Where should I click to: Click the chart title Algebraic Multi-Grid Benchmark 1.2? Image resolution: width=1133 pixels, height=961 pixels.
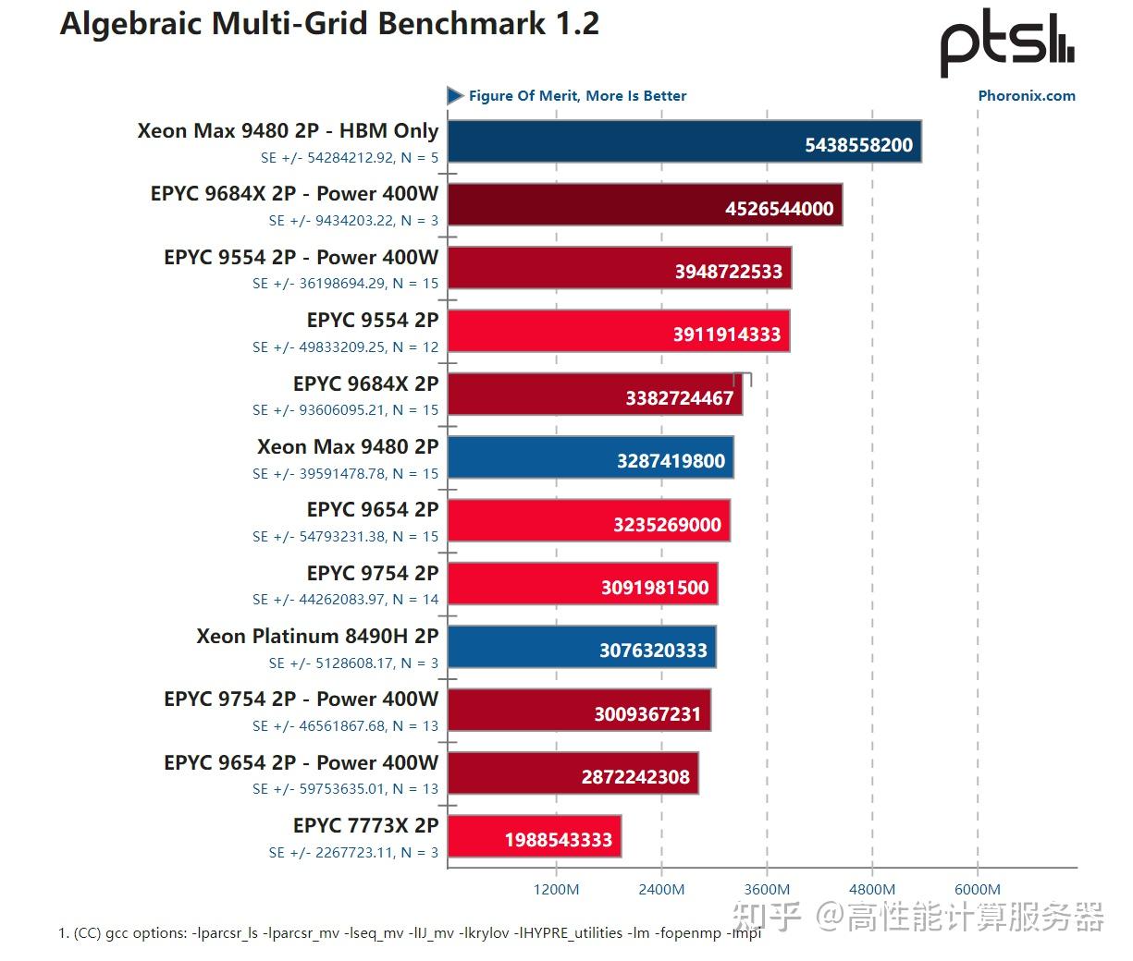click(x=329, y=24)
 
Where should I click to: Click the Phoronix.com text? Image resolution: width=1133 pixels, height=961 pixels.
click(x=1026, y=95)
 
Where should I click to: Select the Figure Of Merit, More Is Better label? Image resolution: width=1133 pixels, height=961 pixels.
click(x=577, y=95)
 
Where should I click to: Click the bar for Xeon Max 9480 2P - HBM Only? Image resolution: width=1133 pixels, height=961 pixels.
click(x=684, y=141)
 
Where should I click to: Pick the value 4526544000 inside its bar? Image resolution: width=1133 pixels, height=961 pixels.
click(x=779, y=209)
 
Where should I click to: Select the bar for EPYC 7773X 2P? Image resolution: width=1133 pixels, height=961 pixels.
click(x=535, y=836)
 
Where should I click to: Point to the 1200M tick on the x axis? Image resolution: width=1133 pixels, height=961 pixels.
click(x=556, y=889)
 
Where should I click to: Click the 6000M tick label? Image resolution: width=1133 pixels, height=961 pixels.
click(x=977, y=889)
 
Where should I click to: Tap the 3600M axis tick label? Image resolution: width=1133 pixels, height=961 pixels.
click(x=766, y=889)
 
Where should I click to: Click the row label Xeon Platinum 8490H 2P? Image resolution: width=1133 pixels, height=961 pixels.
click(x=317, y=636)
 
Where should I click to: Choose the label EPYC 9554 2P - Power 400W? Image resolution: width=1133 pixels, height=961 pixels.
click(x=301, y=257)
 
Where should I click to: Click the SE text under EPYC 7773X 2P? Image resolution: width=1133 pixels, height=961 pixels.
click(x=353, y=852)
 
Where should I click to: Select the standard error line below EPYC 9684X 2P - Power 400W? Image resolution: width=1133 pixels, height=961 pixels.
click(x=353, y=220)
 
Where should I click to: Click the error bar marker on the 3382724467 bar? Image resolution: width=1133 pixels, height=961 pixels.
click(x=743, y=379)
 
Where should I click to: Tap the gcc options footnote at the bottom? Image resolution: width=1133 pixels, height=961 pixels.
click(x=409, y=932)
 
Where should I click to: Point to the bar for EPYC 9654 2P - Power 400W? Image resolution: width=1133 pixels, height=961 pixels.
click(x=573, y=773)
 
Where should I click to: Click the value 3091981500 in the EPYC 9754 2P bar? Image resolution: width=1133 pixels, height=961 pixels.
click(x=655, y=588)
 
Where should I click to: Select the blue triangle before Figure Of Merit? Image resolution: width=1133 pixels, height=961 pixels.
click(x=454, y=95)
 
